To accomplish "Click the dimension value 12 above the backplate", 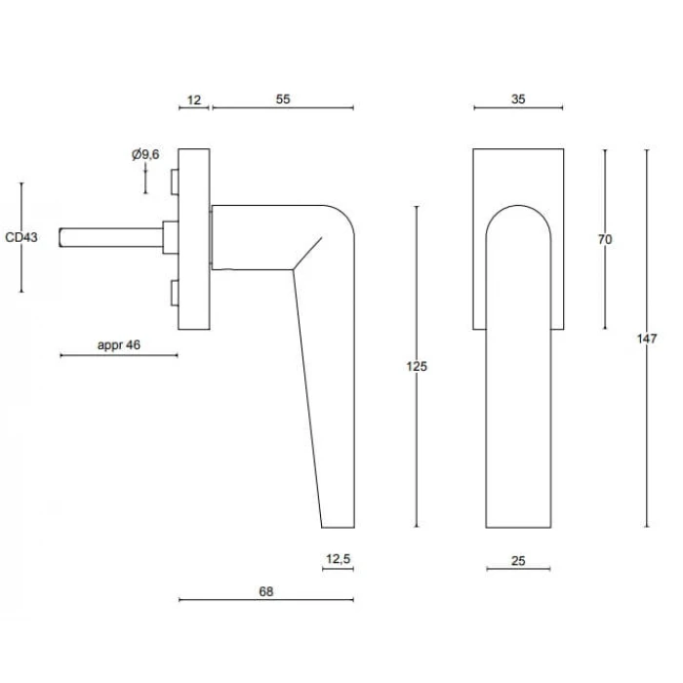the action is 194,100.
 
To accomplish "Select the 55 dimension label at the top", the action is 283,100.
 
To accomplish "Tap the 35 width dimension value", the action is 518,100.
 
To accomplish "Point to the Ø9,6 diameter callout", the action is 145,154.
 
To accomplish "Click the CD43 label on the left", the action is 21,237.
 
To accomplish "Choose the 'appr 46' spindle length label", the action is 119,345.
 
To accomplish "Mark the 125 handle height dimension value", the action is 417,366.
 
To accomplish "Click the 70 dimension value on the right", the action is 605,239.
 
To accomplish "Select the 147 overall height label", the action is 646,339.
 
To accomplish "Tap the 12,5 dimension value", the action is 338,558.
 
